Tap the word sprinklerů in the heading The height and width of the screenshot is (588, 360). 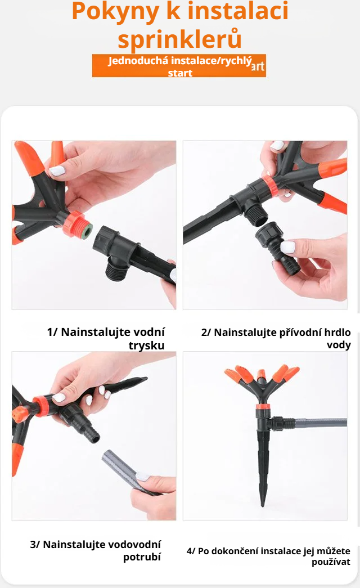tap(179, 39)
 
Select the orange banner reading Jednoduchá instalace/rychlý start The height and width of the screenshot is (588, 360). tap(179, 66)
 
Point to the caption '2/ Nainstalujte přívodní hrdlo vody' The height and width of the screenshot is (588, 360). tap(276, 338)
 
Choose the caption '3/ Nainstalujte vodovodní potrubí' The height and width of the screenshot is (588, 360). tap(96, 550)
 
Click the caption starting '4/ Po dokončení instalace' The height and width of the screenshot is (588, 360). tap(268, 556)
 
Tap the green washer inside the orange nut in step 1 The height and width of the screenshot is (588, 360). tap(86, 231)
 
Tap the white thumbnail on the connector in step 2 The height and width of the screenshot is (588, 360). tap(287, 246)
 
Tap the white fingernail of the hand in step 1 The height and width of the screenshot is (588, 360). tap(57, 170)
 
